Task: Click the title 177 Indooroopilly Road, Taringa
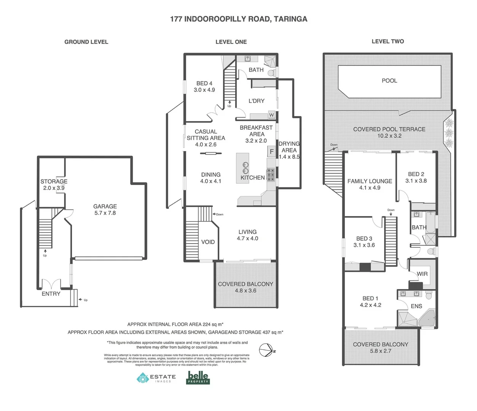[x=238, y=19]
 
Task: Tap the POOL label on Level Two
[x=389, y=81]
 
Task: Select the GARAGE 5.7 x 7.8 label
[x=105, y=210]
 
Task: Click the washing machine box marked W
[x=271, y=115]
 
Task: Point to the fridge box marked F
[x=271, y=151]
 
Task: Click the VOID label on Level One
[x=208, y=242]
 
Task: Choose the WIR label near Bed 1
[x=422, y=274]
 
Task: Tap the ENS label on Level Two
[x=416, y=306]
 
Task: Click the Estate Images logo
[x=156, y=378]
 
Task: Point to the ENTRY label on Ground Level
[x=51, y=294]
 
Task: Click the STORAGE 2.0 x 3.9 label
[x=54, y=185]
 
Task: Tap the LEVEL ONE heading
[x=231, y=42]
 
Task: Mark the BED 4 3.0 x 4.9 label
[x=204, y=87]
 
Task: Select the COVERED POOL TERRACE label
[x=389, y=132]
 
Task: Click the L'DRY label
[x=256, y=101]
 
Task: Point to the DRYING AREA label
[x=289, y=147]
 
